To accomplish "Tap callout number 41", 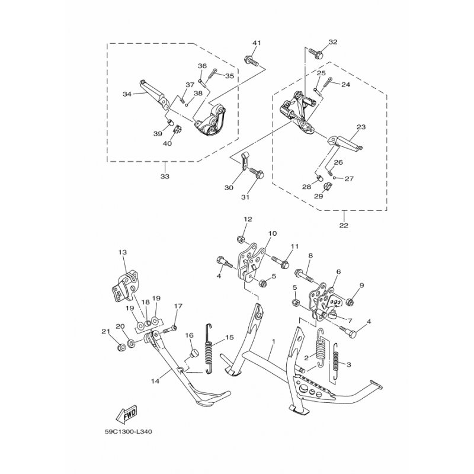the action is pyautogui.click(x=257, y=43).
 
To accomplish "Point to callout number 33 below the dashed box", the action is pyautogui.click(x=165, y=176).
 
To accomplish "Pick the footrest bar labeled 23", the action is pyautogui.click(x=345, y=143).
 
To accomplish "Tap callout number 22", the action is pyautogui.click(x=344, y=225).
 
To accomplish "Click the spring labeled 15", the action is pyautogui.click(x=209, y=349).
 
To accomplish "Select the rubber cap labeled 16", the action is pyautogui.click(x=193, y=353).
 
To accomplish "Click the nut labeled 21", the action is pyautogui.click(x=121, y=347).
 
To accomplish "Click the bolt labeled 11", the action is pyautogui.click(x=280, y=262).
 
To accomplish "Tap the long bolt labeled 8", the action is pyautogui.click(x=305, y=274).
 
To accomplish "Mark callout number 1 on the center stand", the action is pyautogui.click(x=274, y=341).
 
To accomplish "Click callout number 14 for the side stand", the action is pyautogui.click(x=155, y=381).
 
